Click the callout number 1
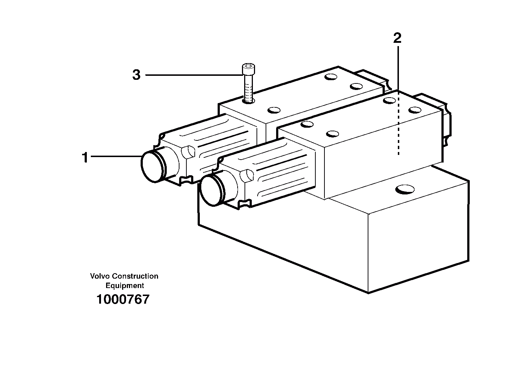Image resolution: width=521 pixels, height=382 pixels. pos(85,158)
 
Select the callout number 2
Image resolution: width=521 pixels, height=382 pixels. pos(397,38)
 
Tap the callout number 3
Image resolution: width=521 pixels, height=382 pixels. pos(136,75)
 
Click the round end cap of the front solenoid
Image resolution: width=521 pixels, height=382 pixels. pos(213,189)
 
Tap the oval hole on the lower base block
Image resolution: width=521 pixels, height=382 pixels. pos(405,189)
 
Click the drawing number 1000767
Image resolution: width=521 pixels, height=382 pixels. pos(123,300)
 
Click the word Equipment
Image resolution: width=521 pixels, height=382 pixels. pos(125,286)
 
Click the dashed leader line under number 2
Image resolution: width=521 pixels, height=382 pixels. pos(398,123)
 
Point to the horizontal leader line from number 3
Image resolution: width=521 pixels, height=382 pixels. pos(193,75)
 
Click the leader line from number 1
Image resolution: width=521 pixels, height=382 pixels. pos(116,156)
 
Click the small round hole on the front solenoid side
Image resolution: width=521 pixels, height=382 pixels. pos(247,176)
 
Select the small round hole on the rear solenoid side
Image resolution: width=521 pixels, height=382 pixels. pos(187,151)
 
